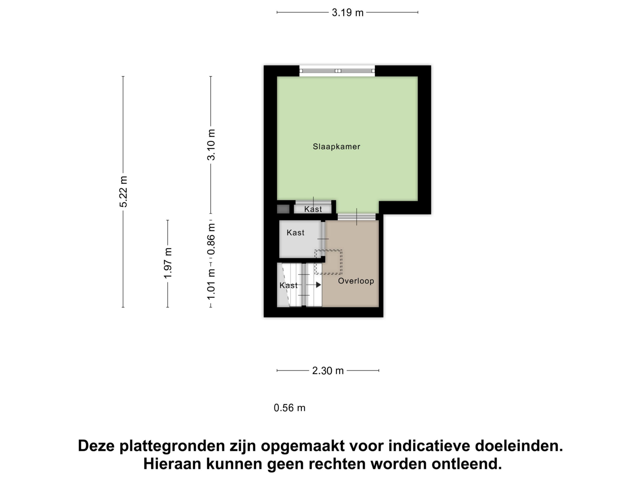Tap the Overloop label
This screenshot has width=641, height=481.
356,281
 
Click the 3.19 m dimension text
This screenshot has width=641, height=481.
348,13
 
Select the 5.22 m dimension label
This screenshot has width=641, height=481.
123,192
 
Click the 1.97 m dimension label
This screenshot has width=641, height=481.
168,263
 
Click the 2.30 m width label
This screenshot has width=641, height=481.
328,371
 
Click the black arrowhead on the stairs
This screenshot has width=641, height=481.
318,285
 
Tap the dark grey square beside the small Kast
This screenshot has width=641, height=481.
283,209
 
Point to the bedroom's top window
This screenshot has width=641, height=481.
337,71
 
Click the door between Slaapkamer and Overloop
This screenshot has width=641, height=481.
357,217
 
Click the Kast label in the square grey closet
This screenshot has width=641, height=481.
295,232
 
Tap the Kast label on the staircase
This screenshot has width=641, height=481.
288,285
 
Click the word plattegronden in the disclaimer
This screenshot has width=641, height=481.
172,446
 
